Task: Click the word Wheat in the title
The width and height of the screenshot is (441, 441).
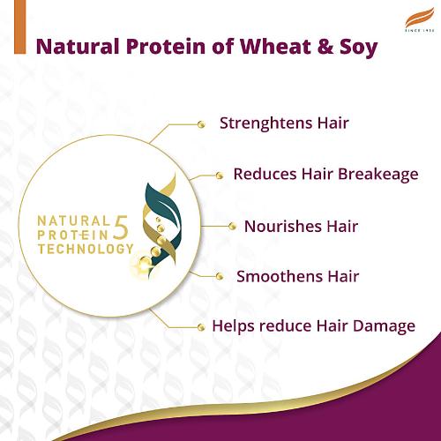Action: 269,47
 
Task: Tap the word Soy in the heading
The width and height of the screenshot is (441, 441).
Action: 355,47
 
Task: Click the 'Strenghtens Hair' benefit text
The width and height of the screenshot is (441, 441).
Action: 284,123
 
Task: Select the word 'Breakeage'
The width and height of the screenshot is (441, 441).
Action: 374,174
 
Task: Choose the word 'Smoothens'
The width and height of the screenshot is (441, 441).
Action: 273,276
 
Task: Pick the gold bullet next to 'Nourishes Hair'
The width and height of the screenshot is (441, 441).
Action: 233,227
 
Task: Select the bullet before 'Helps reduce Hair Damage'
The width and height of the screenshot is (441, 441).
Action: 200,326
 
